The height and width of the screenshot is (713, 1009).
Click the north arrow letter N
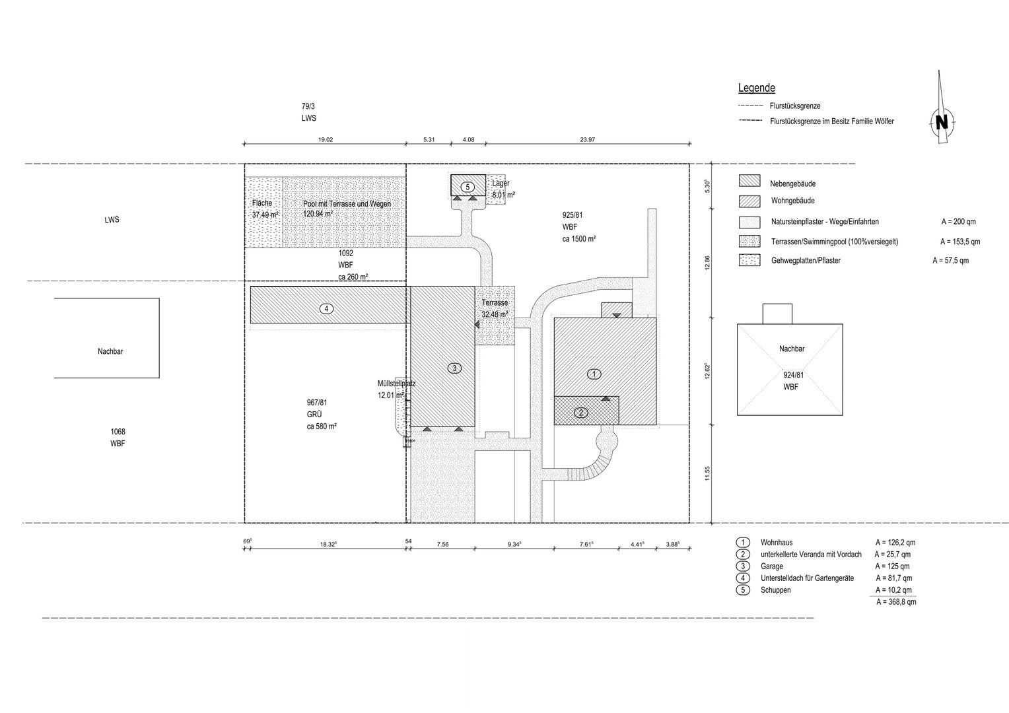pyautogui.click(x=942, y=122)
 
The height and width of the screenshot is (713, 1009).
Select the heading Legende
pyautogui.click(x=756, y=88)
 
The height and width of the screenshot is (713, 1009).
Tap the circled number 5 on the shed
pyautogui.click(x=468, y=187)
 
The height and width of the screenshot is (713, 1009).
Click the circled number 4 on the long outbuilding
pyautogui.click(x=326, y=308)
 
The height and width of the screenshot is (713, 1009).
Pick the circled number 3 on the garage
pyautogui.click(x=454, y=368)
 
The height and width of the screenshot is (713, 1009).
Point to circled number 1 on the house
pyautogui.click(x=594, y=374)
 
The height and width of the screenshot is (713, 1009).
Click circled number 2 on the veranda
pyautogui.click(x=581, y=412)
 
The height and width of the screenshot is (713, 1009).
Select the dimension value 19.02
pyautogui.click(x=326, y=139)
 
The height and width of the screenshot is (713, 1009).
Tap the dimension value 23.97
pyautogui.click(x=588, y=139)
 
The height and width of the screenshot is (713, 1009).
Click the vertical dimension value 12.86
pyautogui.click(x=707, y=263)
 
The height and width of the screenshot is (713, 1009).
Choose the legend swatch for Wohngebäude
pyautogui.click(x=749, y=201)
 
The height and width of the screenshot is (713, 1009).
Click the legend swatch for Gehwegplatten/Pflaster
pyautogui.click(x=749, y=260)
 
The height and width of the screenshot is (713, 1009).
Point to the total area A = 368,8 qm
pyautogui.click(x=896, y=601)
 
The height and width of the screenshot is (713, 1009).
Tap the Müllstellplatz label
pyautogui.click(x=396, y=384)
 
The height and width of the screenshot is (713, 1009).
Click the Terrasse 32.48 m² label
pyautogui.click(x=495, y=308)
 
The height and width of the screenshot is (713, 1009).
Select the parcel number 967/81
pyautogui.click(x=317, y=403)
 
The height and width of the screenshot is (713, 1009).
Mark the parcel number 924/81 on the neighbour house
pyautogui.click(x=794, y=375)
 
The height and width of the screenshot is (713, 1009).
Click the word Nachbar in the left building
pyautogui.click(x=110, y=351)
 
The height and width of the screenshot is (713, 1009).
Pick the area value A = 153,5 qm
pyautogui.click(x=960, y=242)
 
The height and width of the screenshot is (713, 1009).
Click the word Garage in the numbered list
pyautogui.click(x=772, y=566)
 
